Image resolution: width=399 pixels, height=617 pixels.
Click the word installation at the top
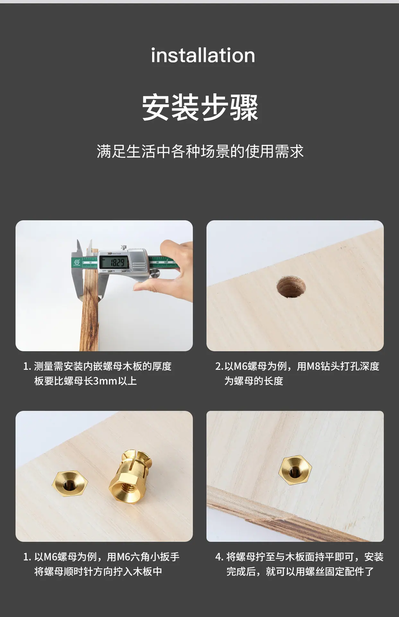point(203,55)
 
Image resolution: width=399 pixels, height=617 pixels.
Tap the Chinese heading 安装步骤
point(200,108)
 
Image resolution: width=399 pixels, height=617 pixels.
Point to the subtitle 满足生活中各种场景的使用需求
point(200,151)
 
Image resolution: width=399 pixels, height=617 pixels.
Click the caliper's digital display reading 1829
point(114,262)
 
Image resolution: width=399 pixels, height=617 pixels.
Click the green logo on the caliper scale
point(77,263)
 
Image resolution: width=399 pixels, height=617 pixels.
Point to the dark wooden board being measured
point(90,299)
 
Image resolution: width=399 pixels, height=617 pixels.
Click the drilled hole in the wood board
point(291,286)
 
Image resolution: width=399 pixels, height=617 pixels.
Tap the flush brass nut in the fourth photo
point(295,470)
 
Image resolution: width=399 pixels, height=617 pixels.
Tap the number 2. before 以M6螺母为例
point(219,366)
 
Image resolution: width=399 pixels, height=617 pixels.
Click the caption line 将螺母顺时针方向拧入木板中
point(98,572)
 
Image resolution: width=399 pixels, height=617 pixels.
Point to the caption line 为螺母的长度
point(254,381)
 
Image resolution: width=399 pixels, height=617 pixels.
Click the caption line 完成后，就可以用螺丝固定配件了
point(300,572)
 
